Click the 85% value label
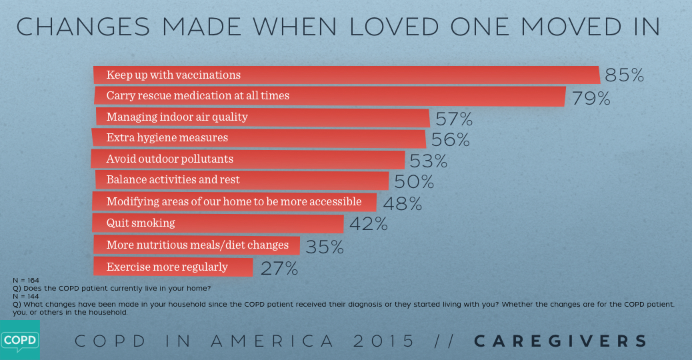(625, 75)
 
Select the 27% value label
(278, 269)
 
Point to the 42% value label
(369, 224)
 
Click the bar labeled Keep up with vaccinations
(347, 75)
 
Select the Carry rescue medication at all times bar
(330, 96)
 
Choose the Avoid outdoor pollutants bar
(248, 159)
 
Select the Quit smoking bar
(219, 223)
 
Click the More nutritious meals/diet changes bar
(197, 245)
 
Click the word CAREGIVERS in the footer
(561, 341)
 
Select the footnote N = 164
(25, 281)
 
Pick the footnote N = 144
(25, 295)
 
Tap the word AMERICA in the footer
(273, 341)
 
